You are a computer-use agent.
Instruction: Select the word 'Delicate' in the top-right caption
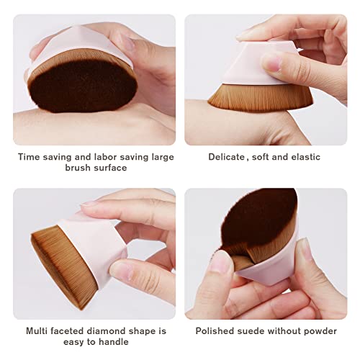[x=226, y=157]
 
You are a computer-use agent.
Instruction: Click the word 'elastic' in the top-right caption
[x=305, y=157]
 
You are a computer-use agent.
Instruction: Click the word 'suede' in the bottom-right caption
[x=253, y=331]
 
